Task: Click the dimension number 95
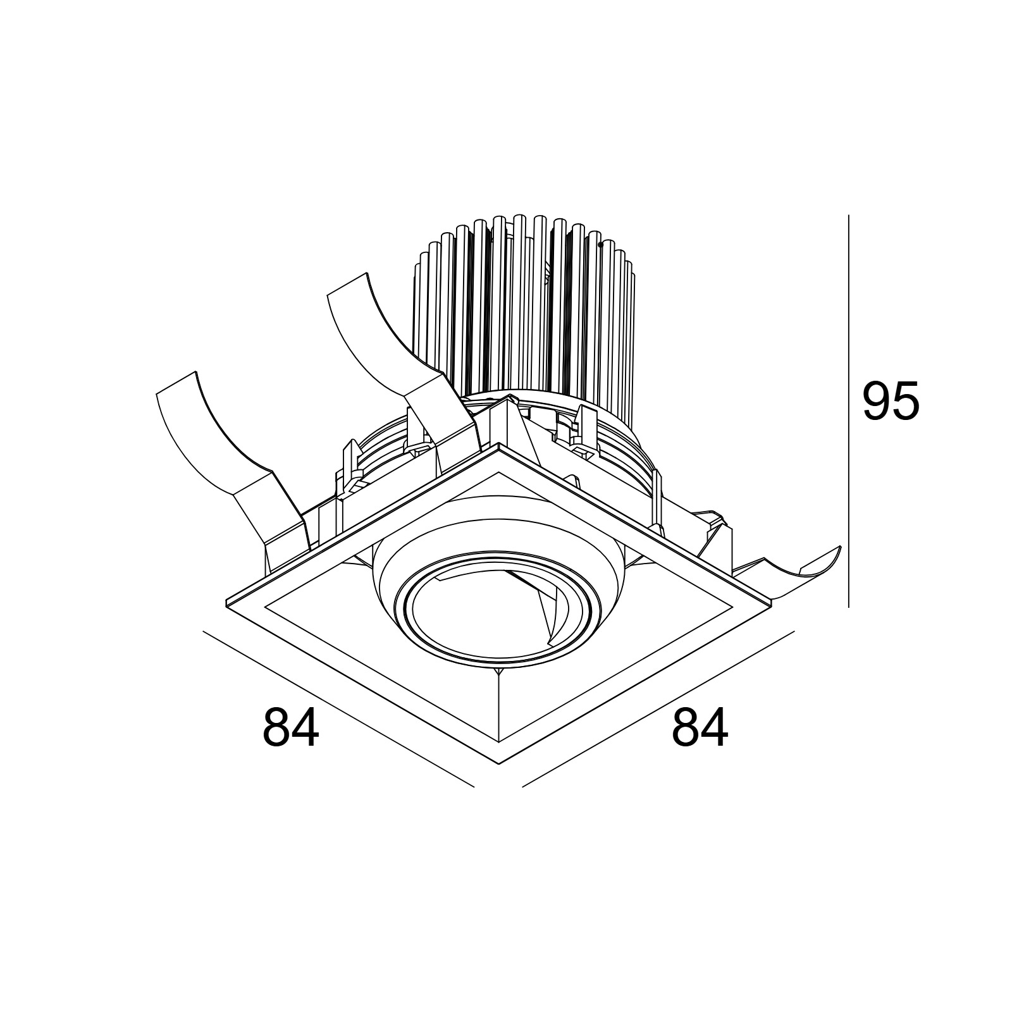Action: coord(891,401)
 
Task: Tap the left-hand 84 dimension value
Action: coord(291,727)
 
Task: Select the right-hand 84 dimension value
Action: coord(700,727)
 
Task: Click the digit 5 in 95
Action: coord(905,401)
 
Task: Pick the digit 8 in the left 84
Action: coord(276,727)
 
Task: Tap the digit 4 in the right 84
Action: coord(715,727)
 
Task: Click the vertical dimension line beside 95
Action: coord(848,411)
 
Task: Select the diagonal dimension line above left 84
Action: coord(338,708)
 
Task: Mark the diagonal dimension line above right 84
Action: coord(658,708)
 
